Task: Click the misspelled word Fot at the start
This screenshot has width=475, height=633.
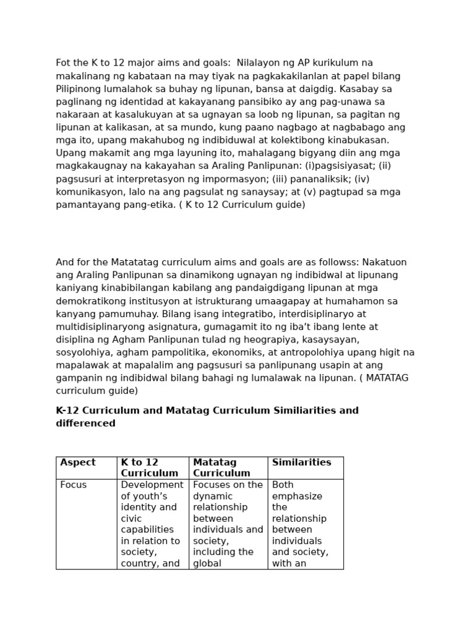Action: tap(64, 63)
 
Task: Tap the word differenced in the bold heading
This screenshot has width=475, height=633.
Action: tap(85, 423)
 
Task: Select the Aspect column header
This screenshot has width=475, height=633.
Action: tap(78, 462)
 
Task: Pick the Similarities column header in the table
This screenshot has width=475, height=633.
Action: tap(301, 462)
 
